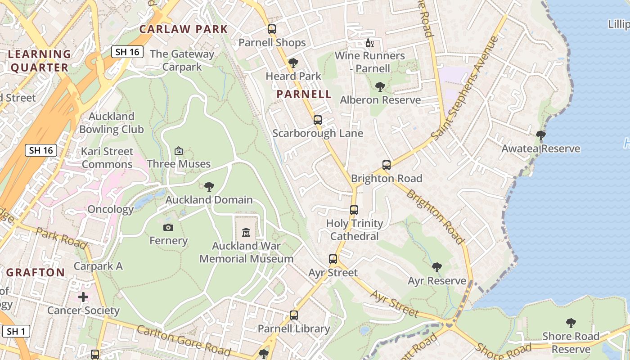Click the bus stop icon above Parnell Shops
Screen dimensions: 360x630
point(271,29)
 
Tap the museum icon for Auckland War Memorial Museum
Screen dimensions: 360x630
point(246,233)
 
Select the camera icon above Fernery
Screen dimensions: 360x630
point(168,227)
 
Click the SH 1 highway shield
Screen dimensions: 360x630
point(16,332)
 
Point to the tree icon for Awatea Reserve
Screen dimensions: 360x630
point(541,135)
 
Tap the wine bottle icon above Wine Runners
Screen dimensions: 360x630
point(370,43)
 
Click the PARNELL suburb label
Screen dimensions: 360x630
point(304,94)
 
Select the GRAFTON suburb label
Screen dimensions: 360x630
point(36,272)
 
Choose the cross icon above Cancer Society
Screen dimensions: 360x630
point(83,297)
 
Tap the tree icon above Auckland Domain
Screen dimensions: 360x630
point(209,186)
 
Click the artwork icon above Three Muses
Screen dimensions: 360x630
point(179,150)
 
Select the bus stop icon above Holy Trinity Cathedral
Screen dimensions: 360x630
point(354,210)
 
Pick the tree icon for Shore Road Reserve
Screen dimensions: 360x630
point(571,323)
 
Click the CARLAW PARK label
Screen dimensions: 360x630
point(184,29)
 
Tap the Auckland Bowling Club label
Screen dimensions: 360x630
point(111,123)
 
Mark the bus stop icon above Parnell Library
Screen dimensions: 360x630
point(294,315)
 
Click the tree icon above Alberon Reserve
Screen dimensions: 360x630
point(380,86)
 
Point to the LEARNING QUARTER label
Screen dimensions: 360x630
point(40,61)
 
